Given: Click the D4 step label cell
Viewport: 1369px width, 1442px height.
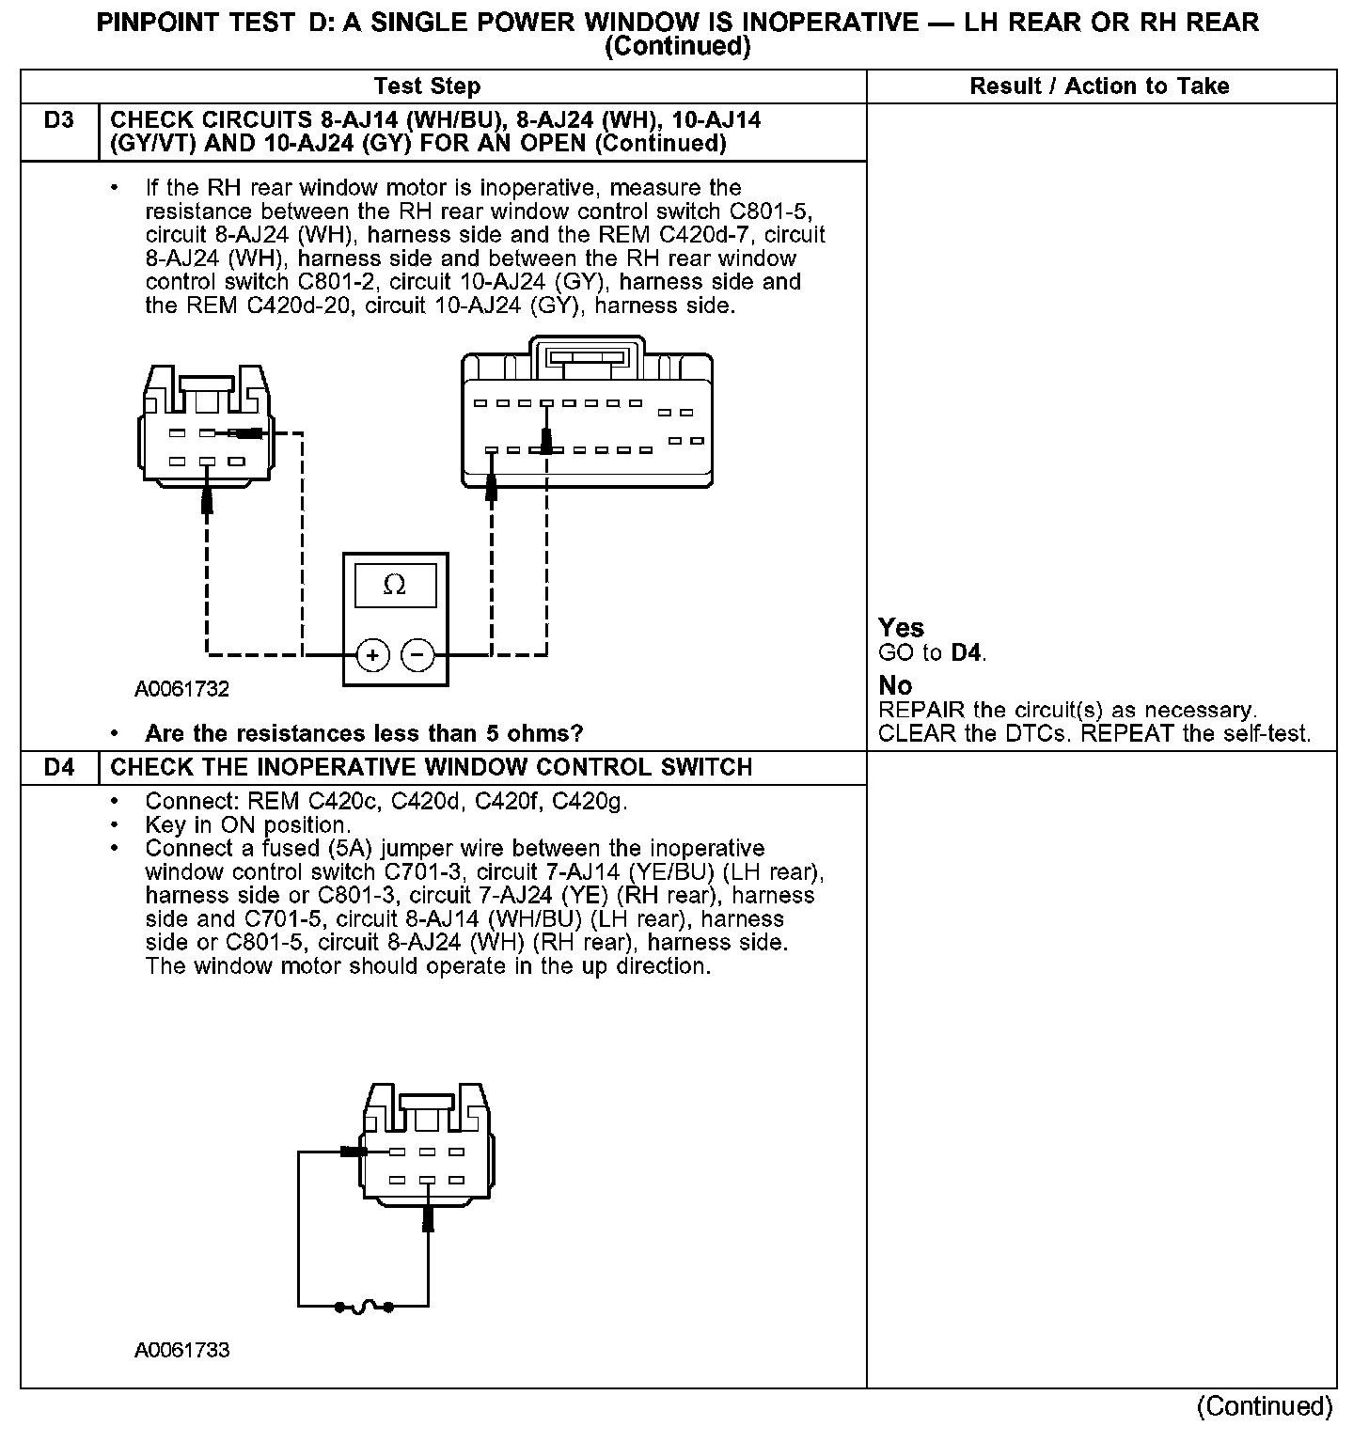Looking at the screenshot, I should coord(58,767).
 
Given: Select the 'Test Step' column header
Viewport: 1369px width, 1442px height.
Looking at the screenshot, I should coord(427,86).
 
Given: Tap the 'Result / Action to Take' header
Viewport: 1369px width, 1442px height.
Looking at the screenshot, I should coord(1099,86).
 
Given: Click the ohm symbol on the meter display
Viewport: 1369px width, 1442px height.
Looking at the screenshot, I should coord(395,586).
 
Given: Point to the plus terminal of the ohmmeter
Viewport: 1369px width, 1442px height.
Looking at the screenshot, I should coord(373,654).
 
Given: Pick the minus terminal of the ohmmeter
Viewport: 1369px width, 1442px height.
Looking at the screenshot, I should coord(418,654).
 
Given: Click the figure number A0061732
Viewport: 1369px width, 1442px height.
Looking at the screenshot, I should coord(181,689).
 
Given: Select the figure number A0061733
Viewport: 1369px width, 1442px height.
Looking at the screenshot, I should coord(181,1350).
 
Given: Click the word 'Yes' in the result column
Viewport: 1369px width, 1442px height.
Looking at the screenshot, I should coord(901,628).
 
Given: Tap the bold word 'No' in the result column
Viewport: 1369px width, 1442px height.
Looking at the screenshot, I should coord(895,685).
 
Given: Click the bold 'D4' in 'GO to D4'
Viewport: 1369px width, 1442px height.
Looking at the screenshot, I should coord(967,652).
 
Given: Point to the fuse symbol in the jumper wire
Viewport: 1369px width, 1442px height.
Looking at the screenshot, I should coord(365,1306).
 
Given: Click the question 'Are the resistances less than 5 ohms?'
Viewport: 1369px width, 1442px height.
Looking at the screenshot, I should coord(364,733).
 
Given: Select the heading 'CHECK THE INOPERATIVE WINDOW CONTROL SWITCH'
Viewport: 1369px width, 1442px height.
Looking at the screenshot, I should coord(432,767).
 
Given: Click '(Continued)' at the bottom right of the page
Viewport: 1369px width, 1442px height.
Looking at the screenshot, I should coord(1265,1406).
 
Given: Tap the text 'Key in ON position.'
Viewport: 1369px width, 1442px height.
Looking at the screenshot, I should coord(248,825).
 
